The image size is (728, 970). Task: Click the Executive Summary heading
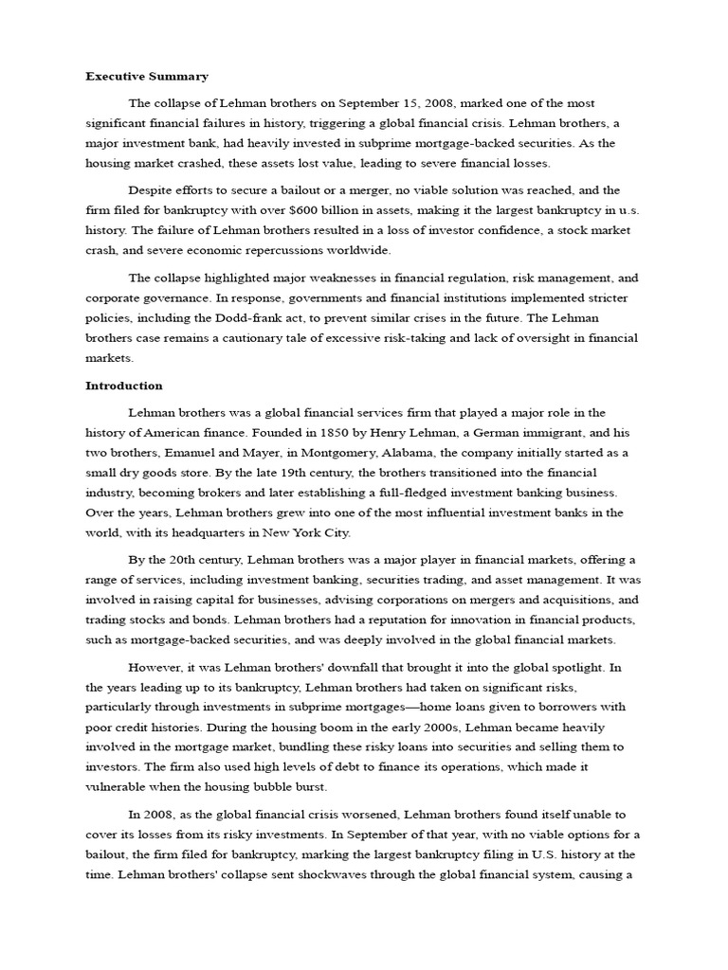(x=147, y=76)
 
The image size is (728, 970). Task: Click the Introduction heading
(x=124, y=386)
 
